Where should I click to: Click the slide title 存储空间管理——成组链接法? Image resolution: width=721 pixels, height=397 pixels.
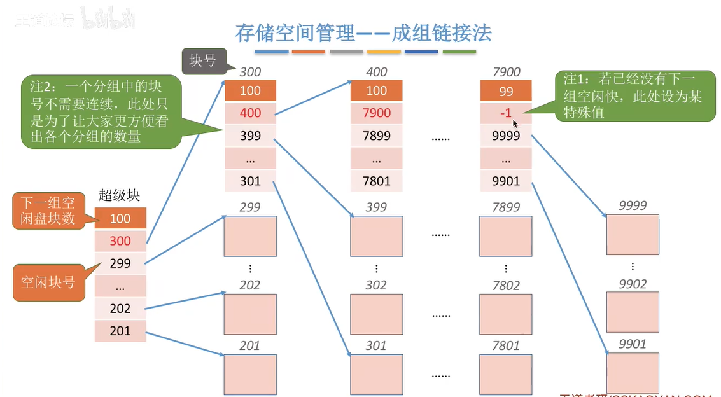pos(363,33)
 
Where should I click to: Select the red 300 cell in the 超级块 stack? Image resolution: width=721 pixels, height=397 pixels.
pos(120,240)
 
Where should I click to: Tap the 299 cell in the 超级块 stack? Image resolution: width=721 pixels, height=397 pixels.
pos(120,263)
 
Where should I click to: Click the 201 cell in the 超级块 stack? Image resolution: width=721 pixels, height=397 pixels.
pos(120,331)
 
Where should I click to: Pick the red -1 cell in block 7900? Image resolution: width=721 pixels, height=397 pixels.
pos(506,113)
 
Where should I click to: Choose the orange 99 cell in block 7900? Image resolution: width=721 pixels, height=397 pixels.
pos(506,91)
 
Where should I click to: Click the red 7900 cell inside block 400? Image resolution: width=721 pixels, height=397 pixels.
pos(377,113)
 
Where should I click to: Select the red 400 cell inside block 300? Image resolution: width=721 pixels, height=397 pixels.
pos(250,113)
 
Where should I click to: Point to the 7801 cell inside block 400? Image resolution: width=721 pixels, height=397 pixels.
pos(377,181)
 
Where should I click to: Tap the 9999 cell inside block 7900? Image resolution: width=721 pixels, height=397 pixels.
pos(506,136)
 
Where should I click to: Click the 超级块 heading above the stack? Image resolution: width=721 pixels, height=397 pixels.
pos(120,195)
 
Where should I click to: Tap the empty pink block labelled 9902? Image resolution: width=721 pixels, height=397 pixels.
pos(633,312)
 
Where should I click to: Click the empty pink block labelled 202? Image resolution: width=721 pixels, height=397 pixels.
pos(250,314)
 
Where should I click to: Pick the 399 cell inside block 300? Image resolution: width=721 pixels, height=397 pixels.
pos(250,136)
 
